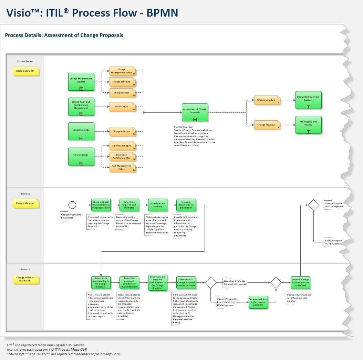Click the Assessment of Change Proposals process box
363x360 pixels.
[195, 112]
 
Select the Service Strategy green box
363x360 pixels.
[81, 131]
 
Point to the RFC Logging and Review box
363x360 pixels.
[308, 124]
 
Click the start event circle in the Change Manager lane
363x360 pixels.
[72, 205]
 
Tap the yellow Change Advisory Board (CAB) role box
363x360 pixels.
[25, 279]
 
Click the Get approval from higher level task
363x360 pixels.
[258, 302]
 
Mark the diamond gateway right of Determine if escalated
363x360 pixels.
[210, 283]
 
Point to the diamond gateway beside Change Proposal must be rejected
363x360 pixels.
[313, 205]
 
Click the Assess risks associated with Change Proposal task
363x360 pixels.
[101, 283]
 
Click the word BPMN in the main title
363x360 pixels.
[162, 13]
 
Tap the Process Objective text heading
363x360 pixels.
[183, 127]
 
